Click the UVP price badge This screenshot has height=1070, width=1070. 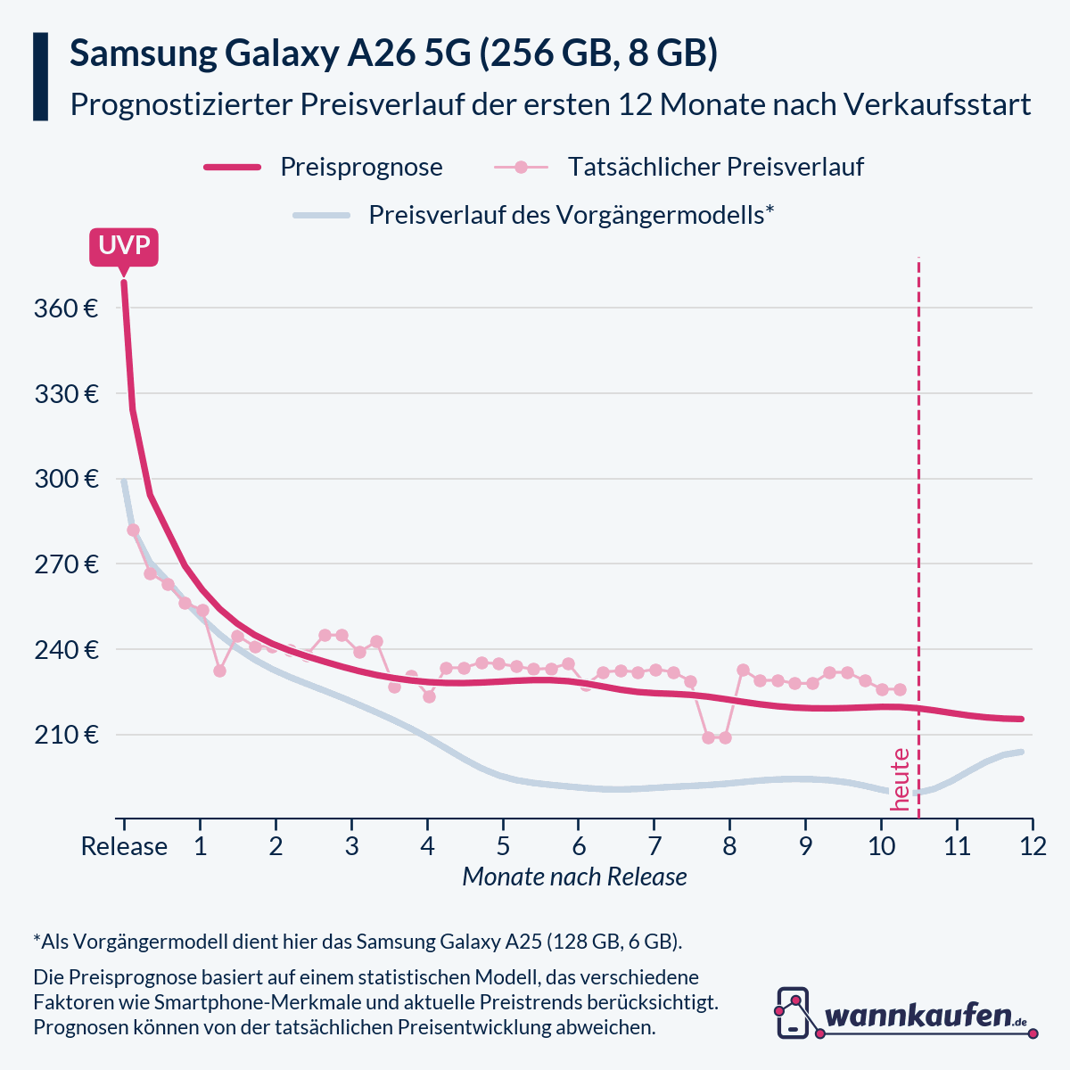click(124, 246)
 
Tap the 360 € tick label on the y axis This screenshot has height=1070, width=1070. click(66, 309)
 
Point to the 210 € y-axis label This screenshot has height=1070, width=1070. click(66, 736)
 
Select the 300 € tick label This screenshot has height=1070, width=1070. click(66, 480)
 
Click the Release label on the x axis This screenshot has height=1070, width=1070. click(124, 846)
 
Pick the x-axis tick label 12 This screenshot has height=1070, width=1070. click(1033, 846)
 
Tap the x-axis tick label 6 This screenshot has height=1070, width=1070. click(578, 846)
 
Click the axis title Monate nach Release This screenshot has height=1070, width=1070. click(574, 877)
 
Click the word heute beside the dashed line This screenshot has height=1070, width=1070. click(901, 779)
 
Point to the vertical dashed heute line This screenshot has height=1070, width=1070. click(918, 535)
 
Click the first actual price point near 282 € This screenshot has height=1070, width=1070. click(133, 530)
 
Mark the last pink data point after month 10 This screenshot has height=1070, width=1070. click(900, 689)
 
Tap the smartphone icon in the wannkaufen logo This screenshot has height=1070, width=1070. click(793, 1012)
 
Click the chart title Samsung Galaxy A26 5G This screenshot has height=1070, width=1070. click(394, 53)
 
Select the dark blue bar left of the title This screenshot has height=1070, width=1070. click(40, 77)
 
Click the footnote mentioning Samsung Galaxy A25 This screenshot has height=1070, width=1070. click(358, 942)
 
